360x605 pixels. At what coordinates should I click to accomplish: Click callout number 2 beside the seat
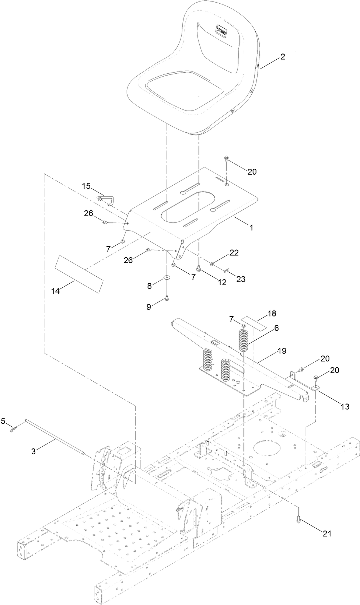tap(283, 57)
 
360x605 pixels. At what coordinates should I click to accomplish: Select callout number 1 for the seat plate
tap(251, 228)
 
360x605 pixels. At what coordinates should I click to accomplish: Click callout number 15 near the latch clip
tap(86, 186)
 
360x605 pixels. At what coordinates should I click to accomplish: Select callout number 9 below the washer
tap(149, 307)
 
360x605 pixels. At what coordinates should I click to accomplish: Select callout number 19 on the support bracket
tap(282, 351)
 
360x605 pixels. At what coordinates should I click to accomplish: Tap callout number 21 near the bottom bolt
tap(327, 533)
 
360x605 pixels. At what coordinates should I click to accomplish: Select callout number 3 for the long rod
tap(34, 451)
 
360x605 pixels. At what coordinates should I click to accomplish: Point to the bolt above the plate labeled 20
tap(226, 159)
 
